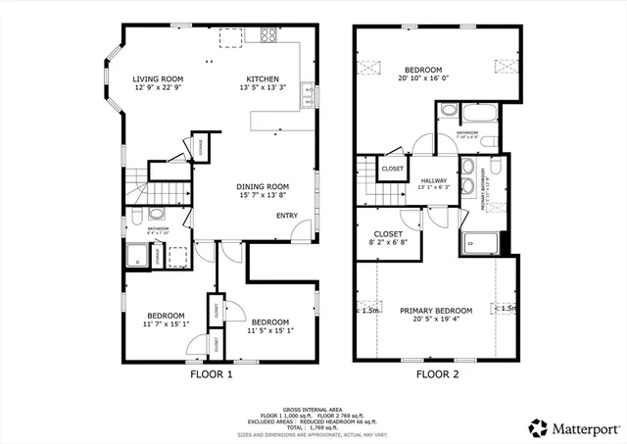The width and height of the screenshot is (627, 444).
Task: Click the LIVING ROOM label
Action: (158, 78)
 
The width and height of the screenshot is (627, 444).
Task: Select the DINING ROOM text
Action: (263, 186)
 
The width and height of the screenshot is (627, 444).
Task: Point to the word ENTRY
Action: (287, 216)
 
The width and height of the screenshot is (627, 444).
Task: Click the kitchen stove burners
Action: (265, 37)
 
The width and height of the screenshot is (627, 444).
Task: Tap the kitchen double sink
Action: (308, 95)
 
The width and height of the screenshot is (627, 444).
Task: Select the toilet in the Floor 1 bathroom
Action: (135, 218)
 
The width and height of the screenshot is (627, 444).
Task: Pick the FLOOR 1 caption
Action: (211, 373)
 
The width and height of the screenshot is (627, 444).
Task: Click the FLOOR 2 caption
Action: (436, 373)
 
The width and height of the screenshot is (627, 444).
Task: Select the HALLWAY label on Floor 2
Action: (434, 181)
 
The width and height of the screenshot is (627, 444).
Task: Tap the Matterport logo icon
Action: (537, 427)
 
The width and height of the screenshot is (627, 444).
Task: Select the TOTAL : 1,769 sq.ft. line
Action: (313, 427)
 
